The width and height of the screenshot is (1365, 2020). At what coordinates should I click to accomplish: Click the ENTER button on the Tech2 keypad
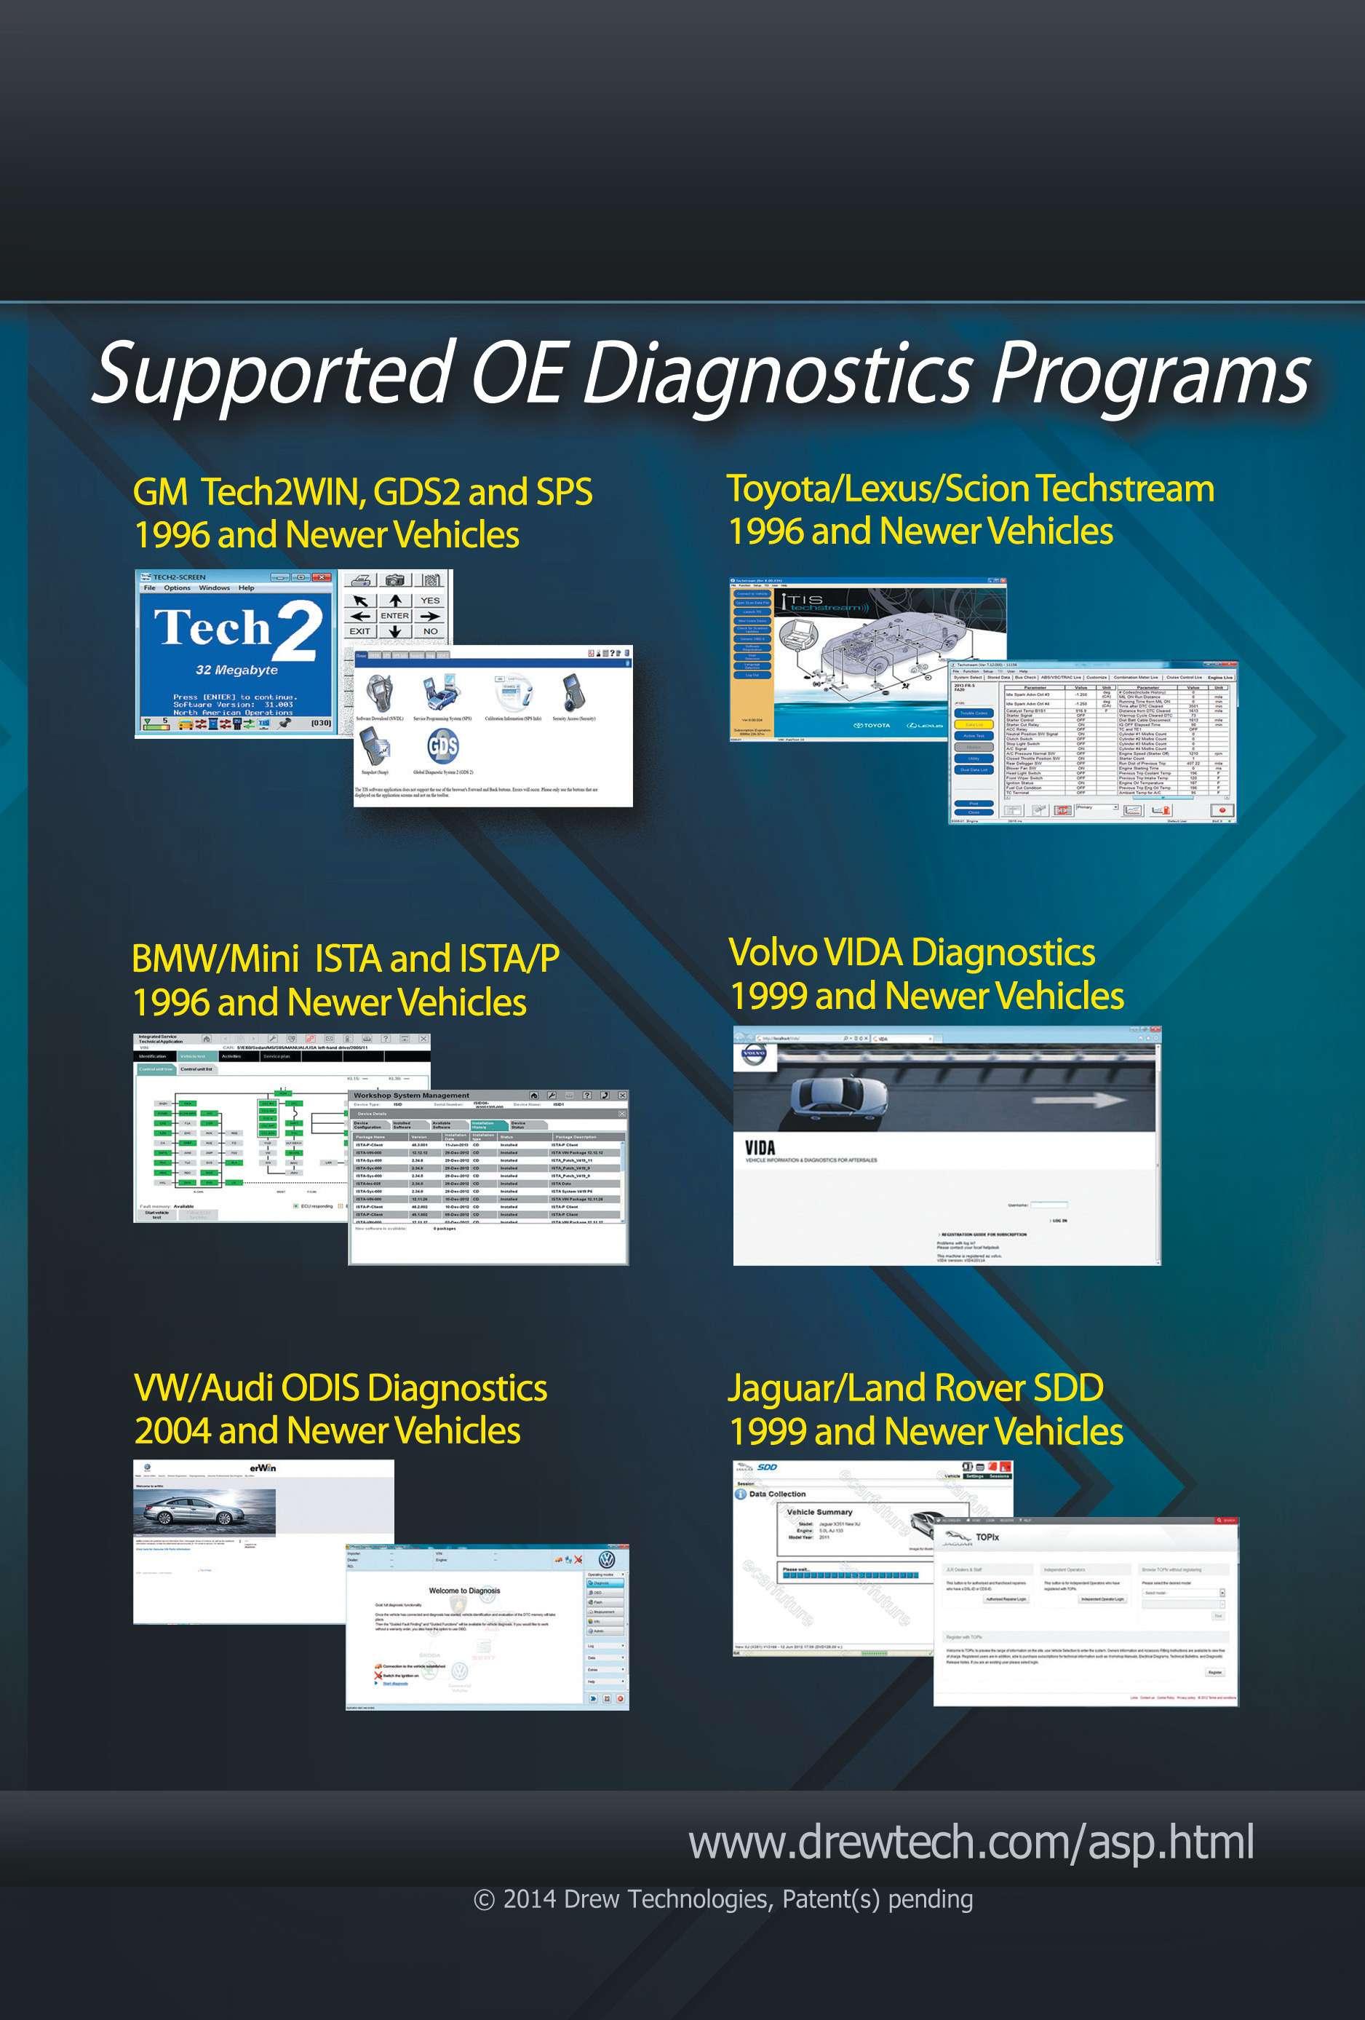point(394,615)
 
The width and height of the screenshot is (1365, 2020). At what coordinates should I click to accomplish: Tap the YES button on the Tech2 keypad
point(430,600)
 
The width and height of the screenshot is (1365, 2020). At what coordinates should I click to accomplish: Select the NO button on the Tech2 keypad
point(430,631)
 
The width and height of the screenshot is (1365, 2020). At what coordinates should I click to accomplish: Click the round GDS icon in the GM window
point(442,746)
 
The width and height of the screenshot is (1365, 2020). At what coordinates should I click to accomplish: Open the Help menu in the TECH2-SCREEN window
point(247,587)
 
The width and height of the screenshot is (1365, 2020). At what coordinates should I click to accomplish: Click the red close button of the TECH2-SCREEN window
point(323,577)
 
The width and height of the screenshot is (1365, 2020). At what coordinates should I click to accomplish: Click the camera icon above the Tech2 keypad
point(394,579)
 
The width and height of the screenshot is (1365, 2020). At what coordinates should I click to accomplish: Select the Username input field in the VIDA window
point(1048,1205)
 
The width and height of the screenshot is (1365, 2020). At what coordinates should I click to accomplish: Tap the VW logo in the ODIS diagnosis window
point(608,1559)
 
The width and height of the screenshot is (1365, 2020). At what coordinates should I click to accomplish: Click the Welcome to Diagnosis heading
point(464,1591)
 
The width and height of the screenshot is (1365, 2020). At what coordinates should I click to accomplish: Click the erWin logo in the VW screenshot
point(263,1468)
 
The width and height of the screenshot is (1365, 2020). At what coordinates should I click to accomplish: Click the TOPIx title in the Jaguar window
point(987,1537)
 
